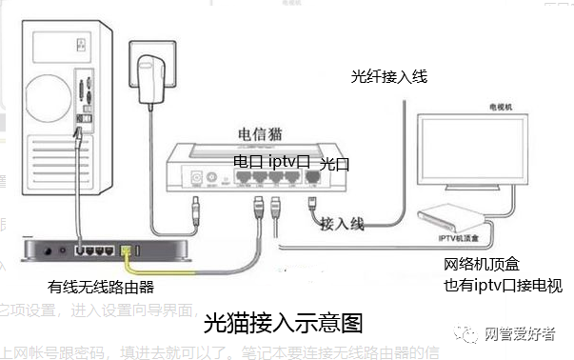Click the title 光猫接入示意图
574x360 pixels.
pos(284,322)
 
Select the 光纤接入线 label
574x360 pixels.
pos(389,77)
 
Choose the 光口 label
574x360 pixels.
pos(335,164)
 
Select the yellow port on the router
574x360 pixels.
pos(128,250)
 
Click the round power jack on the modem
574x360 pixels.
pos(199,178)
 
